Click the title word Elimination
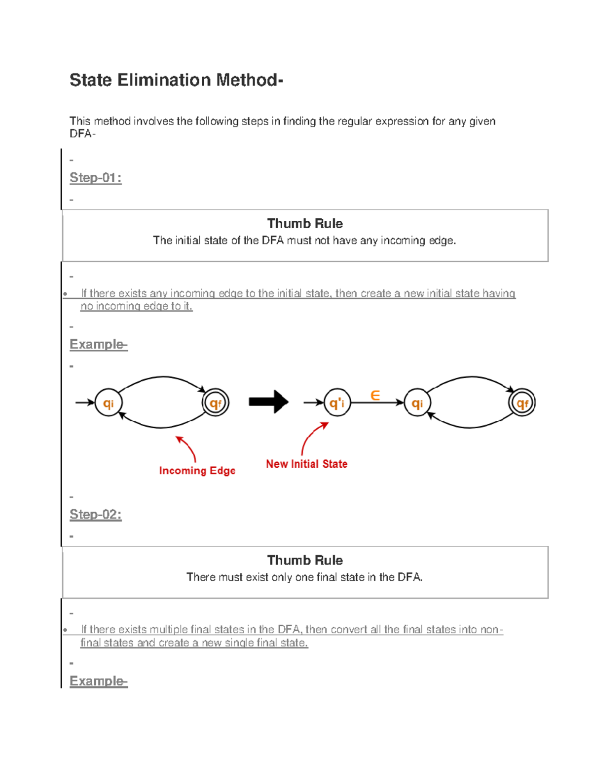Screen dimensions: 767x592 pos(164,80)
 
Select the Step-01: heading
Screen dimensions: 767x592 pos(95,178)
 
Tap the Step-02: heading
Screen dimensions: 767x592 pos(95,515)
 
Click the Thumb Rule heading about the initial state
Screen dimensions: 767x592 pos(304,224)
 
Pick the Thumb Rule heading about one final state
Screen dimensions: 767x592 pos(304,561)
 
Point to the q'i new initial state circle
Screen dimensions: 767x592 pos(337,403)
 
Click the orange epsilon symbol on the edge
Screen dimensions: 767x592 pos(375,396)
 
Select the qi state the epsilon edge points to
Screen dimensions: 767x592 pos(417,403)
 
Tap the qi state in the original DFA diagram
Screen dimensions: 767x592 pos(108,403)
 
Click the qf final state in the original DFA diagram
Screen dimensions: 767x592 pos(216,403)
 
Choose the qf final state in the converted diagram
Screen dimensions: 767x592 pos(522,403)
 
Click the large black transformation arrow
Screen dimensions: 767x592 pos(268,402)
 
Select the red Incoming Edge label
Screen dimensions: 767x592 pos(197,471)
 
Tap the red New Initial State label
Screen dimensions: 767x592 pos(306,464)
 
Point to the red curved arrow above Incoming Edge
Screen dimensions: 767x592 pos(187,447)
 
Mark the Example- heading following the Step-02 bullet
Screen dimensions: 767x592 pos(98,682)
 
